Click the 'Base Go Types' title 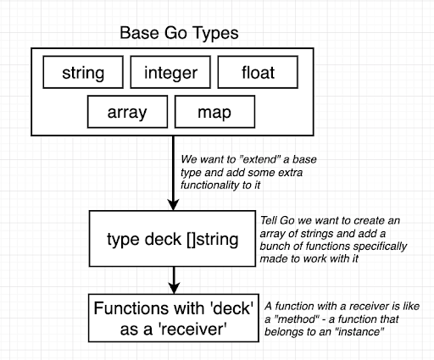point(179,33)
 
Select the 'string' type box point(83,72)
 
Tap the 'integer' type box point(170,72)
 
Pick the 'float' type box point(258,72)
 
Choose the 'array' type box point(127,112)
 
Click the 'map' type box point(214,112)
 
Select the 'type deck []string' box point(172,239)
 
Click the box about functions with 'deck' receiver point(174,318)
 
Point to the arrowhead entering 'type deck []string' point(173,205)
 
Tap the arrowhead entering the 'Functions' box point(174,289)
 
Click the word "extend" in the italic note point(260,159)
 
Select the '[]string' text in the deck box point(213,240)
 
